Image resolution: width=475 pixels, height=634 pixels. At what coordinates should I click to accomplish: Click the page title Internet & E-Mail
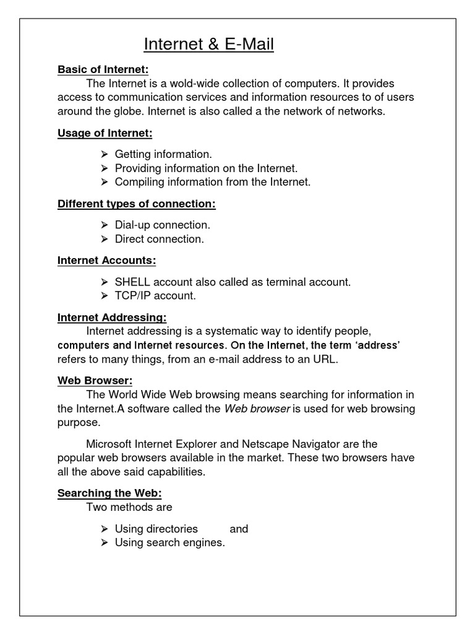pos(208,45)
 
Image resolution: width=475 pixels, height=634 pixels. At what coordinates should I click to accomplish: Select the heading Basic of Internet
pos(103,69)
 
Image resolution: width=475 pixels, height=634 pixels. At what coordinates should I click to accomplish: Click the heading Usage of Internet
pos(105,132)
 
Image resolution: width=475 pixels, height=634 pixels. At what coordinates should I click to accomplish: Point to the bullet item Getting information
pos(163,154)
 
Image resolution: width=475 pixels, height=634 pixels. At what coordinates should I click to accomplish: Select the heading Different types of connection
pos(136,204)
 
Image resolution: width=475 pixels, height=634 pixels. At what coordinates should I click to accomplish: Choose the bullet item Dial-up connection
pos(163,225)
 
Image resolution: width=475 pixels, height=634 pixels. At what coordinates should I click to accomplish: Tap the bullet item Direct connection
pos(159,239)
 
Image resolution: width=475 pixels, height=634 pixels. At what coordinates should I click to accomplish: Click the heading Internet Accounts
pos(106,261)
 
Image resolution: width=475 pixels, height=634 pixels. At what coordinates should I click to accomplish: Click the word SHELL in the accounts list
pos(133,282)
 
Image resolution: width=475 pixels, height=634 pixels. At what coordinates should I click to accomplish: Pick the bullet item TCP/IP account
pos(155,296)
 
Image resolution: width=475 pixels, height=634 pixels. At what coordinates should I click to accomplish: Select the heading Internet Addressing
pos(111,318)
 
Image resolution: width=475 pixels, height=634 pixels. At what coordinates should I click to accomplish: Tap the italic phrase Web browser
pos(257,409)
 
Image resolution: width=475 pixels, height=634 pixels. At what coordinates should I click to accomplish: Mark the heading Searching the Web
pos(109,493)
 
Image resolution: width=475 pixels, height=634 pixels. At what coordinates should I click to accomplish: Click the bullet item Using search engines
pos(170,543)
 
